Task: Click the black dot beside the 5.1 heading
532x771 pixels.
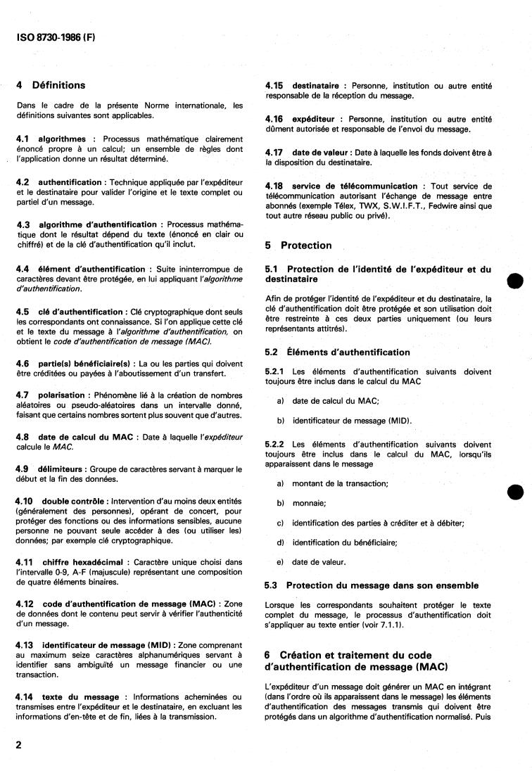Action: click(516, 279)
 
